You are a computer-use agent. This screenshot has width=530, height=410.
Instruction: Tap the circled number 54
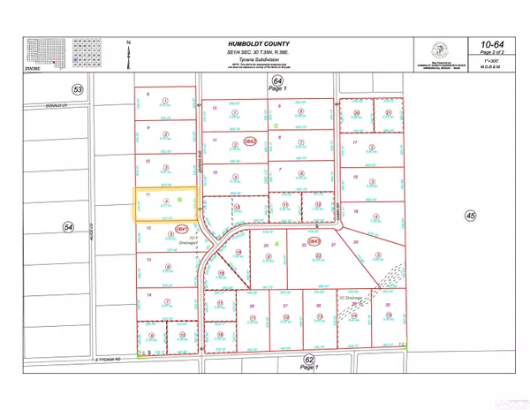(x=68, y=228)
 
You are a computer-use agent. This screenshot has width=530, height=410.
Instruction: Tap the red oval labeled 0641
(x=183, y=229)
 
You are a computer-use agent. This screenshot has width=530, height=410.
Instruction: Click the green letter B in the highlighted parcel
(x=179, y=201)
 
